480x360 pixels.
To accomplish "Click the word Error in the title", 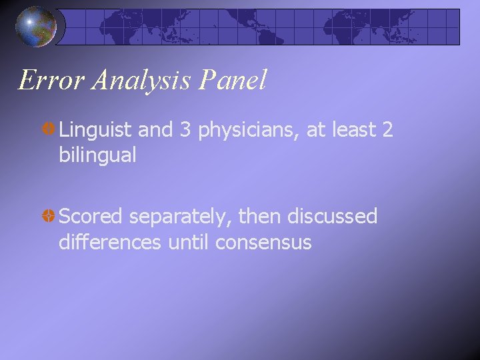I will point(51,81).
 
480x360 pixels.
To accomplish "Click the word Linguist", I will point(97,131).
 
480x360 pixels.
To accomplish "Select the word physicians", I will point(247,131).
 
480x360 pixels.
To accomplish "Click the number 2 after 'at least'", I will point(387,130).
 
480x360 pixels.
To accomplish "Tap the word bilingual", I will point(97,155).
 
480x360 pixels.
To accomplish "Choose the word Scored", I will point(91,217).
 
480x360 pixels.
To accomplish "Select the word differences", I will point(110,241).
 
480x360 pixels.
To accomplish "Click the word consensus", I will point(263,243).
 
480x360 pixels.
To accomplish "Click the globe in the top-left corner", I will point(35,27).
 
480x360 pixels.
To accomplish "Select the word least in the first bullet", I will point(353,130).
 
